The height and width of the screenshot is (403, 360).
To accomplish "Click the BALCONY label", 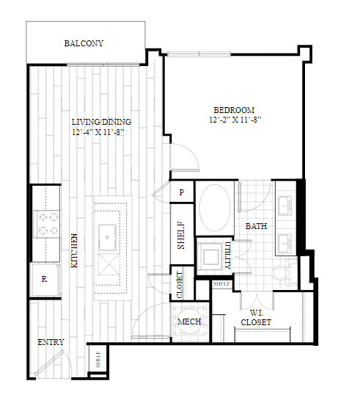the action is point(84,43).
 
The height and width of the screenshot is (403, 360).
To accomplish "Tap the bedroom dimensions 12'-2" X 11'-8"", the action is point(235,120).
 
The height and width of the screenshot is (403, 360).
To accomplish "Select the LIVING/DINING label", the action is point(101,122).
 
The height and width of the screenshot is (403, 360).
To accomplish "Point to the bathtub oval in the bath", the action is point(215,208).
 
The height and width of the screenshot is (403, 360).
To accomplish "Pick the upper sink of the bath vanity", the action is point(284,206).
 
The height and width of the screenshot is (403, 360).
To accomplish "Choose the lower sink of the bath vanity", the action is point(284,243).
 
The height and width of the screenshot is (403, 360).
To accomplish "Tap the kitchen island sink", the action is point(107,237).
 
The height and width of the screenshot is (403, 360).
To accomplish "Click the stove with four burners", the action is point(46,224).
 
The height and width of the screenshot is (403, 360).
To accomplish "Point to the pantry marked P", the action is point(182,192).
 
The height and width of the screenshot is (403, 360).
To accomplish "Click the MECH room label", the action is point(189,322).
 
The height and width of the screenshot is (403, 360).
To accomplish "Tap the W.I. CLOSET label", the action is point(256,318).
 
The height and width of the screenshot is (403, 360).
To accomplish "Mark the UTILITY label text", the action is point(227,255).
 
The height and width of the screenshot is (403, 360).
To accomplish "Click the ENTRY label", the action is point(51,342).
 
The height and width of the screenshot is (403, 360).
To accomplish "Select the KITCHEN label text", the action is point(74,250).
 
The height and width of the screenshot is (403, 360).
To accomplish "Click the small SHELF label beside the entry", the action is point(98,360).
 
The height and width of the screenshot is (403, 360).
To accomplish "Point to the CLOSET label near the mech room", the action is point(180,285).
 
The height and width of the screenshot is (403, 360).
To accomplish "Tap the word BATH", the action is point(257,226).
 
